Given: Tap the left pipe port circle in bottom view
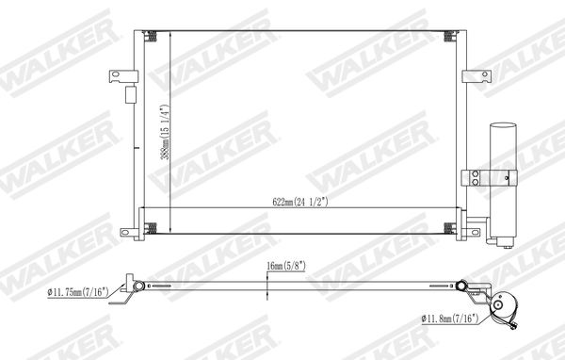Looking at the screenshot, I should tap(139, 286).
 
